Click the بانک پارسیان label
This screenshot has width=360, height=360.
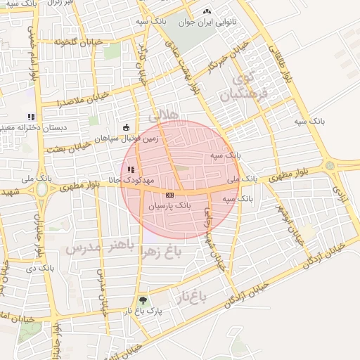tap(169, 205)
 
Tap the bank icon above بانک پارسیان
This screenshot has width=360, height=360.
tap(169, 194)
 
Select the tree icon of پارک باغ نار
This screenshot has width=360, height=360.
tap(143, 301)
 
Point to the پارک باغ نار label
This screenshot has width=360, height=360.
tap(143, 311)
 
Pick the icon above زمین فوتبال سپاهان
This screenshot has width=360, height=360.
tap(127, 127)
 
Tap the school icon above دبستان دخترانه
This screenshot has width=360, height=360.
tap(30, 116)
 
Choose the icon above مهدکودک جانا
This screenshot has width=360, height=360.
tap(131, 169)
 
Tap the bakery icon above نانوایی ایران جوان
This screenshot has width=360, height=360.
tap(207, 12)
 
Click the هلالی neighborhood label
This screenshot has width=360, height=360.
tap(165, 115)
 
